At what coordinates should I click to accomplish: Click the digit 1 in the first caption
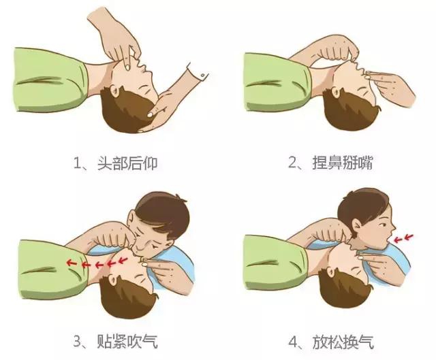coord(77,163)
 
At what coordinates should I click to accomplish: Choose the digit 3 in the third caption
coord(77,340)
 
